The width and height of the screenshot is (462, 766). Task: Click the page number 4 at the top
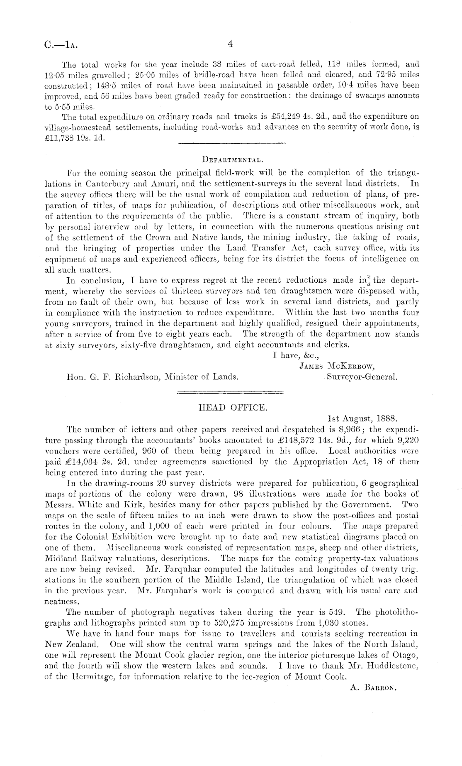click(231, 44)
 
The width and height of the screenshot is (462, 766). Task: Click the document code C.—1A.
click(60, 44)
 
